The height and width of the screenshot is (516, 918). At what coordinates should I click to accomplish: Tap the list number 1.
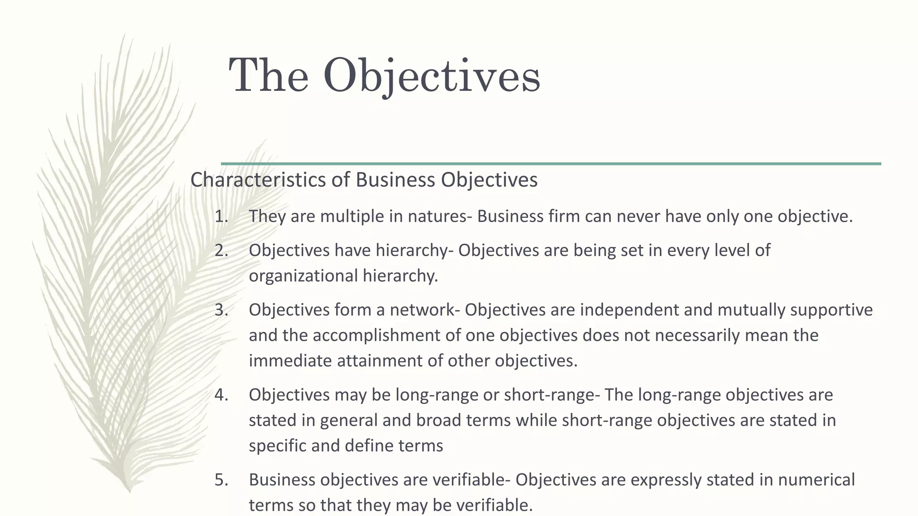coord(221,216)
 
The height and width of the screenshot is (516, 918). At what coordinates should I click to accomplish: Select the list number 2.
coord(221,250)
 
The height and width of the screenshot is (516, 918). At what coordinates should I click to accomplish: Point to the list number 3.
coord(221,310)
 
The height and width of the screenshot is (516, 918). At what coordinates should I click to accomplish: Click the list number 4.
coord(221,395)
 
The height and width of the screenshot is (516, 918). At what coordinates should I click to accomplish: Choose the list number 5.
coord(221,480)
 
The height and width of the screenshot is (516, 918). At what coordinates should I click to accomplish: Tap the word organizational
coord(303,276)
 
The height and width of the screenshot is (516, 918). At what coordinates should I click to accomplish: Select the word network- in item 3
coord(425,310)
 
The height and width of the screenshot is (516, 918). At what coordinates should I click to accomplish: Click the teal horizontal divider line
coord(551,164)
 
